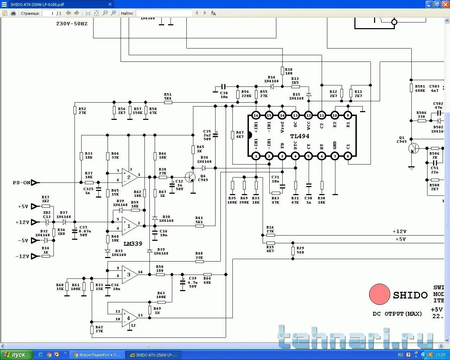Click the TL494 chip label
click(x=300, y=136)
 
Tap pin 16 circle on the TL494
click(x=256, y=115)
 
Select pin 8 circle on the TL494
click(x=348, y=156)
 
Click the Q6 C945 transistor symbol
click(x=190, y=177)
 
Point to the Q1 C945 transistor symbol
click(x=414, y=148)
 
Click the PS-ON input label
click(x=22, y=183)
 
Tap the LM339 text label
click(x=133, y=244)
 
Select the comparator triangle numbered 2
click(x=129, y=177)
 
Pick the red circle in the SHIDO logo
click(x=379, y=294)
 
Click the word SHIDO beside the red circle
click(x=410, y=295)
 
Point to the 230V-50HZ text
click(x=72, y=24)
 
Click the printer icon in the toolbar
click(x=13, y=13)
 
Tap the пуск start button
click(x=17, y=355)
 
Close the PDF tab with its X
click(x=110, y=5)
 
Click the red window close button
click(x=445, y=5)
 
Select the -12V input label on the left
click(x=22, y=256)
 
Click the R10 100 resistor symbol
click(x=282, y=71)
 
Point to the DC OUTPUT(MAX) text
click(x=397, y=314)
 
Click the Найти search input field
click(x=163, y=13)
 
